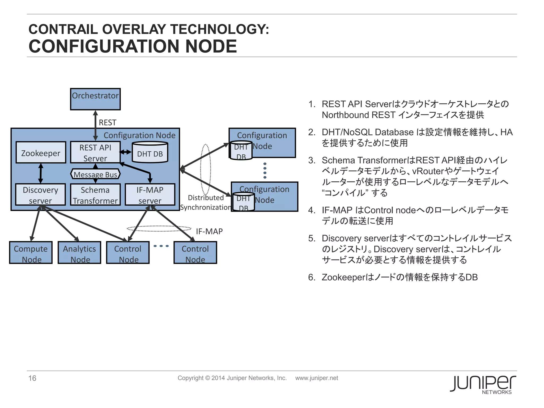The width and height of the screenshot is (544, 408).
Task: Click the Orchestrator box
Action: pyautogui.click(x=95, y=99)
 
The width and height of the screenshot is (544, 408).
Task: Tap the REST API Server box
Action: pyautogui.click(x=95, y=152)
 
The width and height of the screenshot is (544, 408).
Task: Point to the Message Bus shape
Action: pyautogui.click(x=95, y=174)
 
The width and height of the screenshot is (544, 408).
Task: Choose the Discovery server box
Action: pyautogui.click(x=40, y=195)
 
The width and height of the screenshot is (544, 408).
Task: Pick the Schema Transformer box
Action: pyautogui.click(x=95, y=195)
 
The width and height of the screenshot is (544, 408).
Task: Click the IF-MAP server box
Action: pyautogui.click(x=150, y=195)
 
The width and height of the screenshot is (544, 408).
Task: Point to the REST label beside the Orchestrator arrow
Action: pyautogui.click(x=108, y=122)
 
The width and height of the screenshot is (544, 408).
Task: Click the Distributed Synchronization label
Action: pyautogui.click(x=206, y=202)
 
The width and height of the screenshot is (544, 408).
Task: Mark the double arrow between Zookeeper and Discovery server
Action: pyautogui.click(x=41, y=173)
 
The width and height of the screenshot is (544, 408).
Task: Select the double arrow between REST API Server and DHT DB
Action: pyautogui.click(x=125, y=152)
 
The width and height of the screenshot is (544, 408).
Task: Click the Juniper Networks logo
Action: pyautogui.click(x=483, y=384)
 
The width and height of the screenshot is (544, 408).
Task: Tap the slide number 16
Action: pyautogui.click(x=32, y=378)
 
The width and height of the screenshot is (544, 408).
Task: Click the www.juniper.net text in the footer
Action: pyautogui.click(x=317, y=378)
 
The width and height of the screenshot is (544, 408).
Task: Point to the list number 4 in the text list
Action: pyautogui.click(x=311, y=210)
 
